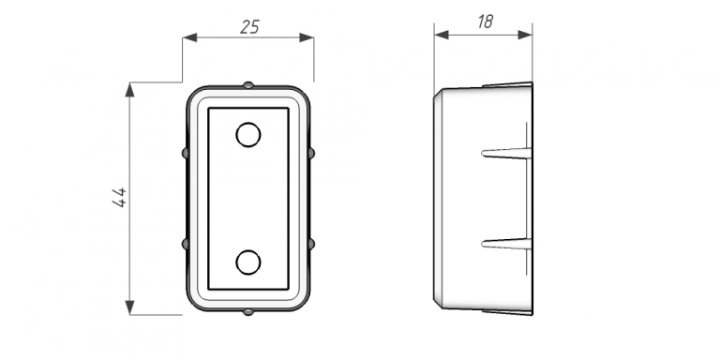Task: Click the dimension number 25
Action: coord(249,27)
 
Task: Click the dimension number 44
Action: coord(119,198)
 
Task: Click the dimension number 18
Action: coord(485,22)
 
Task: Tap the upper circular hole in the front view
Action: coord(248,135)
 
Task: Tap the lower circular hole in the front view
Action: coord(248,262)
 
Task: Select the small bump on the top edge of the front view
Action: coord(247,85)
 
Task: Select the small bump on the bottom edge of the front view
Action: coord(247,312)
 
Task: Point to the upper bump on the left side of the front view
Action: coord(185,153)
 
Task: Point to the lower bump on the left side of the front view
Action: coord(185,244)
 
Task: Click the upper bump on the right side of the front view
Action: coord(312,153)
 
